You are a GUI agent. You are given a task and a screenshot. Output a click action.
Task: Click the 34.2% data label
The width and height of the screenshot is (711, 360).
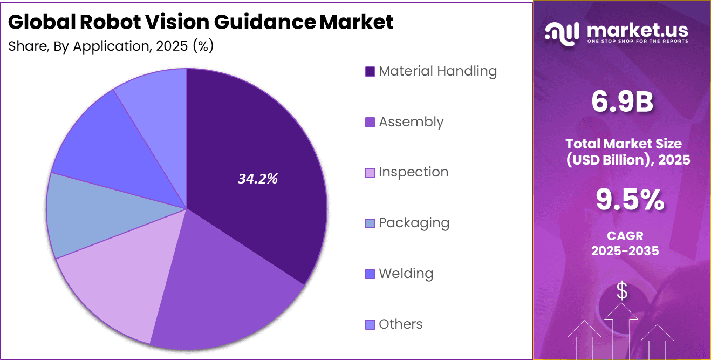coord(258,179)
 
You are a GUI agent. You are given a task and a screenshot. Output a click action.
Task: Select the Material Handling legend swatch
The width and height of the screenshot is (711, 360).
coord(370,71)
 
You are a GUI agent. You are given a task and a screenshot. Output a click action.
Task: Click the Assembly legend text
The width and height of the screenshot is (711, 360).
coord(411,122)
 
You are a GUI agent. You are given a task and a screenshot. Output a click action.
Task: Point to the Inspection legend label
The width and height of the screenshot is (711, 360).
coord(413,172)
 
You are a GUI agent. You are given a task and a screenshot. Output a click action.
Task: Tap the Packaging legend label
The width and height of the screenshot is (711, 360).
coord(414,223)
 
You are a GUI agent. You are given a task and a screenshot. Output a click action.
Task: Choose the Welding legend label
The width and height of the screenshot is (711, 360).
coord(406,274)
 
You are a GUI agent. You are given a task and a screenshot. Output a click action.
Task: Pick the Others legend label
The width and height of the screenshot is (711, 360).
coord(400,324)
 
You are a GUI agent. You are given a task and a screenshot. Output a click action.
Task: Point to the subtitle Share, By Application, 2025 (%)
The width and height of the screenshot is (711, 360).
coord(111,46)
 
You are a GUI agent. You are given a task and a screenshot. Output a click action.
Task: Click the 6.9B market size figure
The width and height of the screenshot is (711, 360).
coord(622,103)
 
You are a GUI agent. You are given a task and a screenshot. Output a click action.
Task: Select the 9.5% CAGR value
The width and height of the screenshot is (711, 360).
coord(630,200)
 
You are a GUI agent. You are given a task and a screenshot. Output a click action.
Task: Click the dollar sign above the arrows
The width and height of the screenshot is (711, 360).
coord(622,291)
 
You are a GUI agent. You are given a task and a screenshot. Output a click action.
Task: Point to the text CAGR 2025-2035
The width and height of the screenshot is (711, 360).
coord(625,243)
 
